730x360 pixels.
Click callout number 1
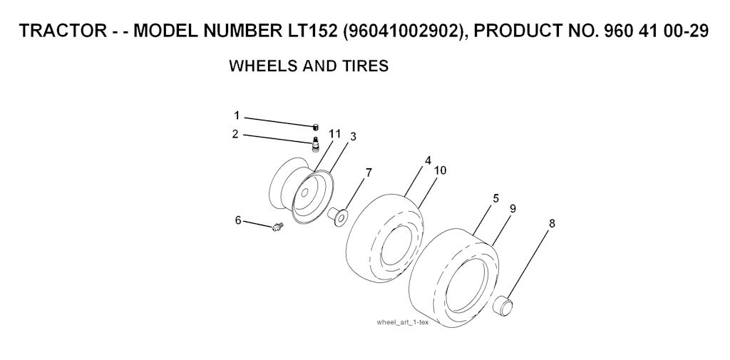click(237, 115)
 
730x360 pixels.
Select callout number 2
click(235, 134)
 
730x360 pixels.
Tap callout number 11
click(335, 134)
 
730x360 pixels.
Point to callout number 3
click(353, 136)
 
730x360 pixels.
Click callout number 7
click(369, 173)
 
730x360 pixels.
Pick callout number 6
click(238, 220)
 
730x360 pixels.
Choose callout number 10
click(440, 170)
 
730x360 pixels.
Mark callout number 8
click(552, 224)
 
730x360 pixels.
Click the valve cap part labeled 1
click(315, 127)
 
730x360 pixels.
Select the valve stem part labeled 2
click(315, 145)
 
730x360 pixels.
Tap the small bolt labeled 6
click(277, 227)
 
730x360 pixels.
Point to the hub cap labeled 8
click(503, 304)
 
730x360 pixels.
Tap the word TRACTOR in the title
click(63, 31)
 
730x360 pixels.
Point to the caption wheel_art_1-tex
click(402, 322)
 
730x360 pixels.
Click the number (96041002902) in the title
click(405, 31)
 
